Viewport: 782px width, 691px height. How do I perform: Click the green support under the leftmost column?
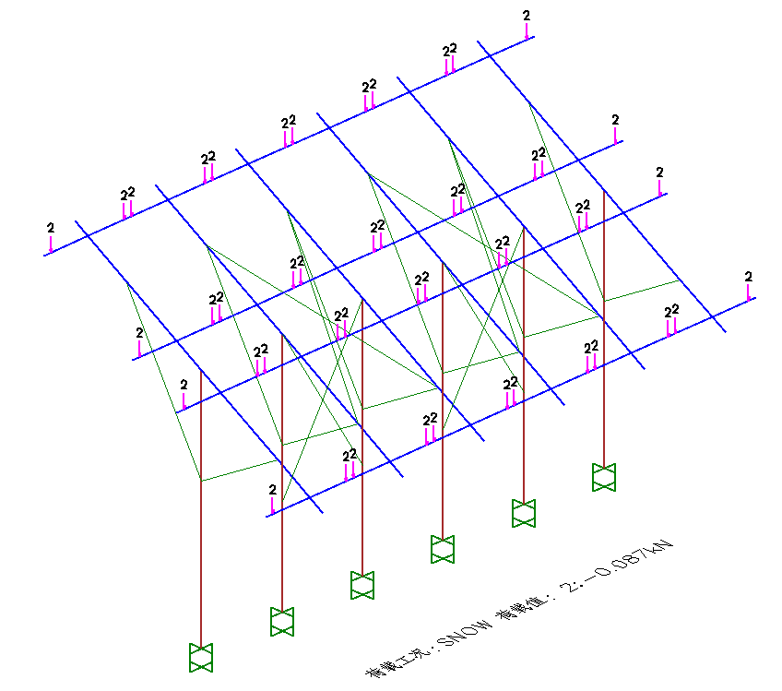(201, 657)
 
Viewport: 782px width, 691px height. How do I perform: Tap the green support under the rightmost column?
(604, 477)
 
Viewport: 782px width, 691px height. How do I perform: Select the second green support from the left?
(281, 621)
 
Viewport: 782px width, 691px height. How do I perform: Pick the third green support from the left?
(362, 585)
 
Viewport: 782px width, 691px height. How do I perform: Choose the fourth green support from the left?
(443, 549)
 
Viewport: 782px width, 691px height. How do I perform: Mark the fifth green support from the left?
(524, 513)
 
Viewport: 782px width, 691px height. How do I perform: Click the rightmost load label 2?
(748, 276)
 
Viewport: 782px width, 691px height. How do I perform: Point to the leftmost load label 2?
(51, 227)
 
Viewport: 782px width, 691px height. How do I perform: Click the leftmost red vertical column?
(201, 517)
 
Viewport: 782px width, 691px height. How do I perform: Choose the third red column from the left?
(362, 443)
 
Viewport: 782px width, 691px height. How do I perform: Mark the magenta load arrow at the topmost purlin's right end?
(527, 31)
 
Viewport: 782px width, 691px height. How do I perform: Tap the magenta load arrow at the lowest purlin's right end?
(749, 292)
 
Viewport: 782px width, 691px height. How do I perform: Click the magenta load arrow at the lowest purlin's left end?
(272, 506)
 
